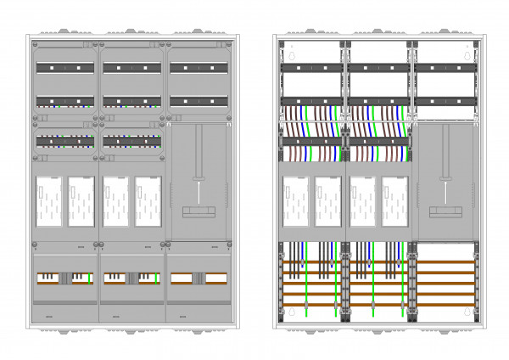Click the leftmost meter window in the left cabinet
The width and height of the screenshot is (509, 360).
click(x=48, y=201)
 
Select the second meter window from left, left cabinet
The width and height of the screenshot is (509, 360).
click(x=81, y=201)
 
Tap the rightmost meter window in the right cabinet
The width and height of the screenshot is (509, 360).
click(x=394, y=201)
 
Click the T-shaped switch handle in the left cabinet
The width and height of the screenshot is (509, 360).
click(x=198, y=178)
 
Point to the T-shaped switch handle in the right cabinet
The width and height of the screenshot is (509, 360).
click(x=443, y=178)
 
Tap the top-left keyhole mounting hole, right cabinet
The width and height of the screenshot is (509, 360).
click(x=292, y=57)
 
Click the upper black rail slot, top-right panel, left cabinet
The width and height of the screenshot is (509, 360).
click(x=199, y=66)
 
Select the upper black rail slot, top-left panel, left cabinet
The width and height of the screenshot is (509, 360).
click(x=65, y=66)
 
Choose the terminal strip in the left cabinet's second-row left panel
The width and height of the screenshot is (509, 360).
click(x=65, y=140)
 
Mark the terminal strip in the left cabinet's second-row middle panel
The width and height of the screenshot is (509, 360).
click(x=132, y=140)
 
